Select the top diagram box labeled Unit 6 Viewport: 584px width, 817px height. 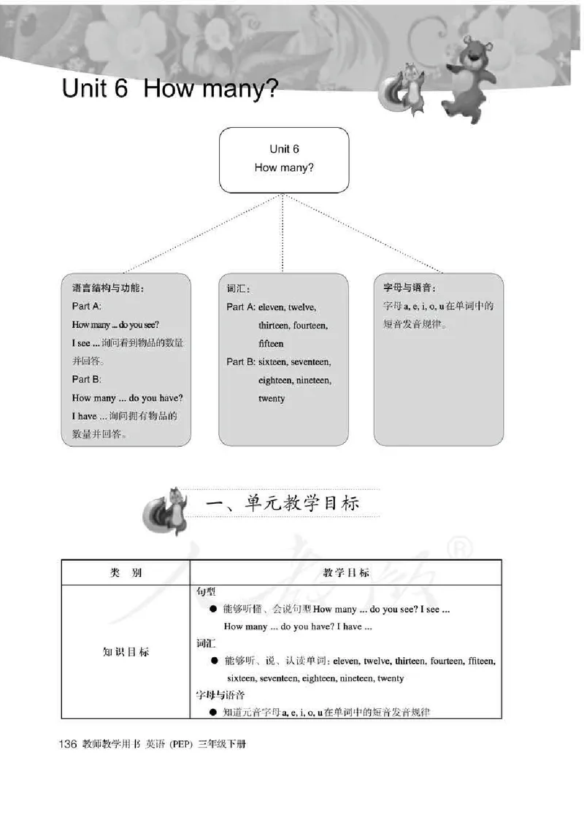pyautogui.click(x=284, y=159)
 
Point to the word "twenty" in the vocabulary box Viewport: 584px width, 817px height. pyautogui.click(x=272, y=399)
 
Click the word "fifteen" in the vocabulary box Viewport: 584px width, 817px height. pyautogui.click(x=271, y=343)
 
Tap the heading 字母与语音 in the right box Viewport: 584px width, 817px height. pyautogui.click(x=415, y=288)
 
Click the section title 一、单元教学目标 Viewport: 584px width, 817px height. pyautogui.click(x=283, y=504)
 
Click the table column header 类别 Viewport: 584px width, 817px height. pyautogui.click(x=125, y=572)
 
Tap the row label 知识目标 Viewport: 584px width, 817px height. pyautogui.click(x=125, y=652)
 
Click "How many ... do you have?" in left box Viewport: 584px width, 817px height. pyautogui.click(x=128, y=398)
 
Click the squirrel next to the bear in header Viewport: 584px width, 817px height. pyautogui.click(x=410, y=88)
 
